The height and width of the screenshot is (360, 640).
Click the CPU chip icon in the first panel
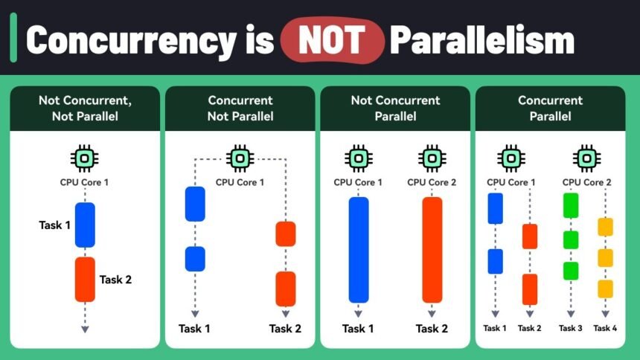(x=85, y=158)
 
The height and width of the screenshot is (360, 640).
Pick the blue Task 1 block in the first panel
(x=85, y=225)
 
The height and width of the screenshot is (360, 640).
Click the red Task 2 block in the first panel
(x=85, y=279)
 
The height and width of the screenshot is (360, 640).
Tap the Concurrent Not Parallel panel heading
(x=240, y=108)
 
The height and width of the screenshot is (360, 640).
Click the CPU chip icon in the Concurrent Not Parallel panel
(x=240, y=158)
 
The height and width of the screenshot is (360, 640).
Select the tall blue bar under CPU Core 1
(x=358, y=249)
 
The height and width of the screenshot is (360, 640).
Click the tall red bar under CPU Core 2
(x=432, y=249)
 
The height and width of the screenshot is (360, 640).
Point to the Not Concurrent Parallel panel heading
(x=395, y=108)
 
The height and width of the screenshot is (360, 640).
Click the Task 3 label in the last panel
(x=571, y=328)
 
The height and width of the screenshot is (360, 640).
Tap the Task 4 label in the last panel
(x=605, y=328)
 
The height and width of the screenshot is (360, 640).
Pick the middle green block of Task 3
(x=571, y=240)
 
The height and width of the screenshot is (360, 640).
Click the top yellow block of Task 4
(x=605, y=227)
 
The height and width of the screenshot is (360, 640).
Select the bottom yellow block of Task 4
(x=605, y=289)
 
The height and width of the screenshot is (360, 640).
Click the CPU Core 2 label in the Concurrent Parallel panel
(x=586, y=181)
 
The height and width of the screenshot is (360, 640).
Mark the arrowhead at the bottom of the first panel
(x=85, y=328)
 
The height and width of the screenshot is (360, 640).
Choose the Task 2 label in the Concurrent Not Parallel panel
(x=286, y=329)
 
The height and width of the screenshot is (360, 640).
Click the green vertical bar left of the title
(x=13, y=42)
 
